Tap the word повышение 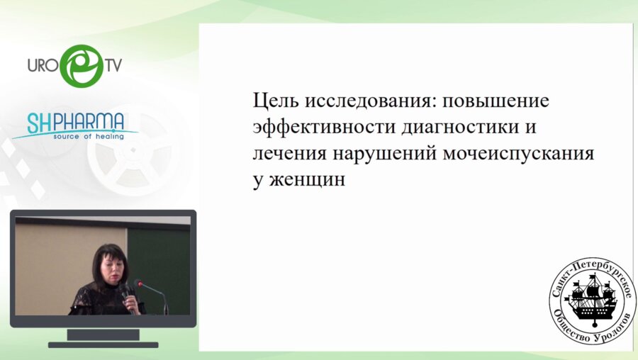tap(496, 101)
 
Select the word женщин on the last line tap(308, 180)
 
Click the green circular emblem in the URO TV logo tap(81, 66)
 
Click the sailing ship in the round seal tap(592, 297)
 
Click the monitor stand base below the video tap(102, 344)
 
